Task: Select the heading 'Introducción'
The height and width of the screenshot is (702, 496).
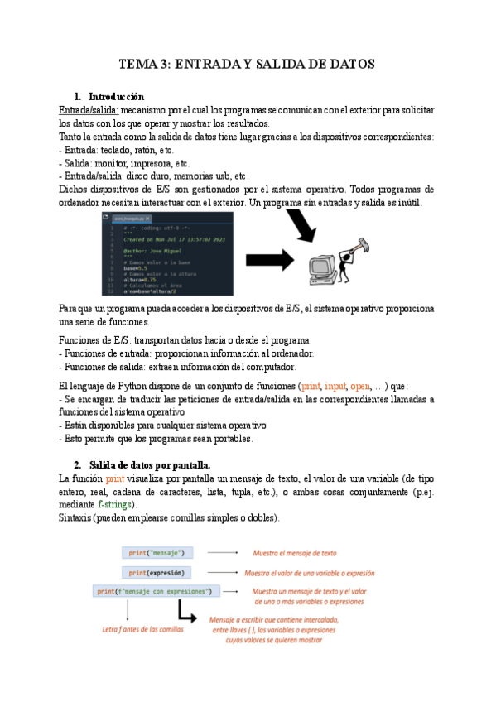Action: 116,97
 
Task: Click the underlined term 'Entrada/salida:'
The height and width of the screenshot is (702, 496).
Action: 89,110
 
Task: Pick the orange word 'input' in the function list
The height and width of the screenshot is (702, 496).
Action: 335,386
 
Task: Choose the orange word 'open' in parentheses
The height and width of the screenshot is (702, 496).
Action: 361,386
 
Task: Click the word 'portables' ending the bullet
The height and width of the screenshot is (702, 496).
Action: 226,439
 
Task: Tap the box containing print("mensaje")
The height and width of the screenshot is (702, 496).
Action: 158,552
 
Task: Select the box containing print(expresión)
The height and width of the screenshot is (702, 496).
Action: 158,572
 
